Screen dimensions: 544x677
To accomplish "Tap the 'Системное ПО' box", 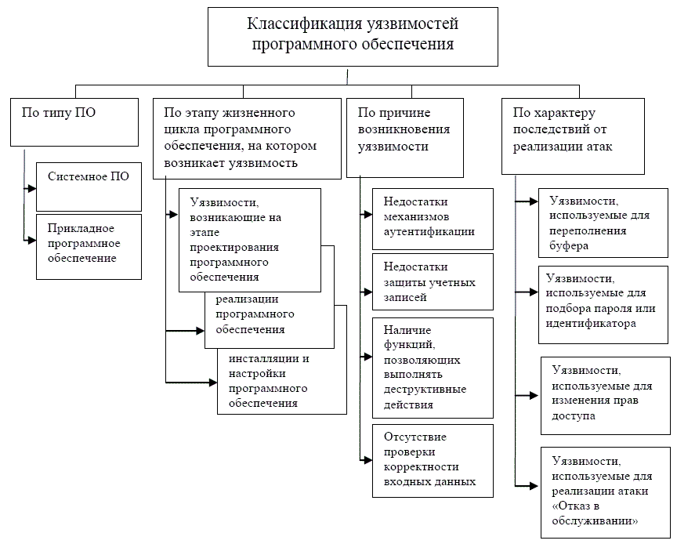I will click(89, 185).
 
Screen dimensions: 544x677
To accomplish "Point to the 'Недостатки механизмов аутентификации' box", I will click(433, 217).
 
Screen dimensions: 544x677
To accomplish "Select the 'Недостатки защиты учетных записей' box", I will click(433, 281).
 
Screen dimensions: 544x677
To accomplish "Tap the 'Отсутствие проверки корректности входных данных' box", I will click(433, 460).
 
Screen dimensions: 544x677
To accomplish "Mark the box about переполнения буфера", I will click(603, 224).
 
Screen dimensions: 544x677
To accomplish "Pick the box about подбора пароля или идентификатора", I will click(603, 303).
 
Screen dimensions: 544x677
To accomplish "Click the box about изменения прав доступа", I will click(605, 395).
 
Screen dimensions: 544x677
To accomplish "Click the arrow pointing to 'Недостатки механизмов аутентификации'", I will click(366, 213).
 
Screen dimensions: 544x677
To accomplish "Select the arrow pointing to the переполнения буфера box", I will click(525, 202).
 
